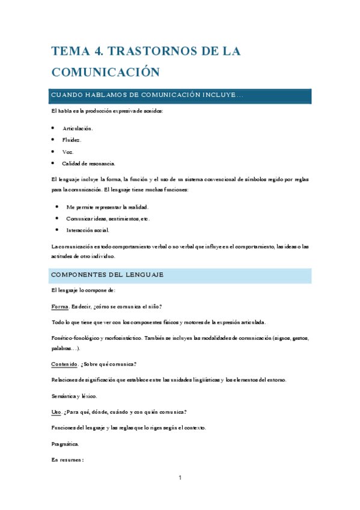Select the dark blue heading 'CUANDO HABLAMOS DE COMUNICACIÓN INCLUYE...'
tap(147, 96)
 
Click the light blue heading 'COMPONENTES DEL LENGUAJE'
tap(108, 275)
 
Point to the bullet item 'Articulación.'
tap(78, 128)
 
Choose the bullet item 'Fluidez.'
tap(72, 140)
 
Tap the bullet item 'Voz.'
tap(68, 152)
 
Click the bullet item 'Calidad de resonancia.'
tap(88, 163)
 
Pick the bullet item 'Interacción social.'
tap(88, 230)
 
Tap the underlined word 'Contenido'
tap(64, 364)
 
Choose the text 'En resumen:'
tap(67, 459)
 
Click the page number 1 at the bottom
tap(180, 478)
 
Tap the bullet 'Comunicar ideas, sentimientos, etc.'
tap(108, 218)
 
